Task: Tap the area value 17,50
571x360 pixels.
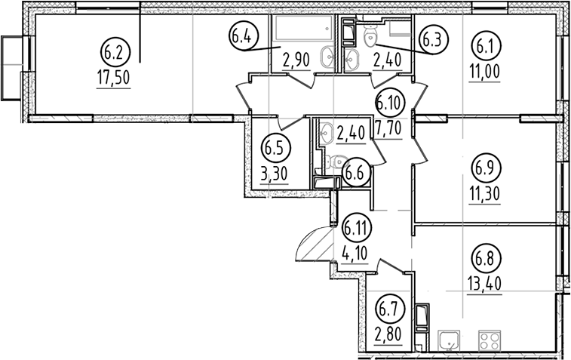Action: click(x=114, y=78)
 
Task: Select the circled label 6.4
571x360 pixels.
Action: click(x=244, y=35)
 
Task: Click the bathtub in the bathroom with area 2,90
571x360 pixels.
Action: click(x=303, y=27)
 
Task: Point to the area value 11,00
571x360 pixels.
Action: click(x=485, y=72)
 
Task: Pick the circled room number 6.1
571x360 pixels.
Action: click(x=487, y=45)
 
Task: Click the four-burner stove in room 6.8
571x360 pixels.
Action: click(x=490, y=340)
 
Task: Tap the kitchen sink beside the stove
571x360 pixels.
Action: click(x=450, y=340)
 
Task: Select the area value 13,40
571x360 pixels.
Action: click(x=485, y=284)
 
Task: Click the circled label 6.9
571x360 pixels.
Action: click(x=487, y=168)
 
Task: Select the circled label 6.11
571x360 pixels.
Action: click(x=356, y=228)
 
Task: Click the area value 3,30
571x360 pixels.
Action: click(x=275, y=174)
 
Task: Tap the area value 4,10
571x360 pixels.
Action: click(x=355, y=253)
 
